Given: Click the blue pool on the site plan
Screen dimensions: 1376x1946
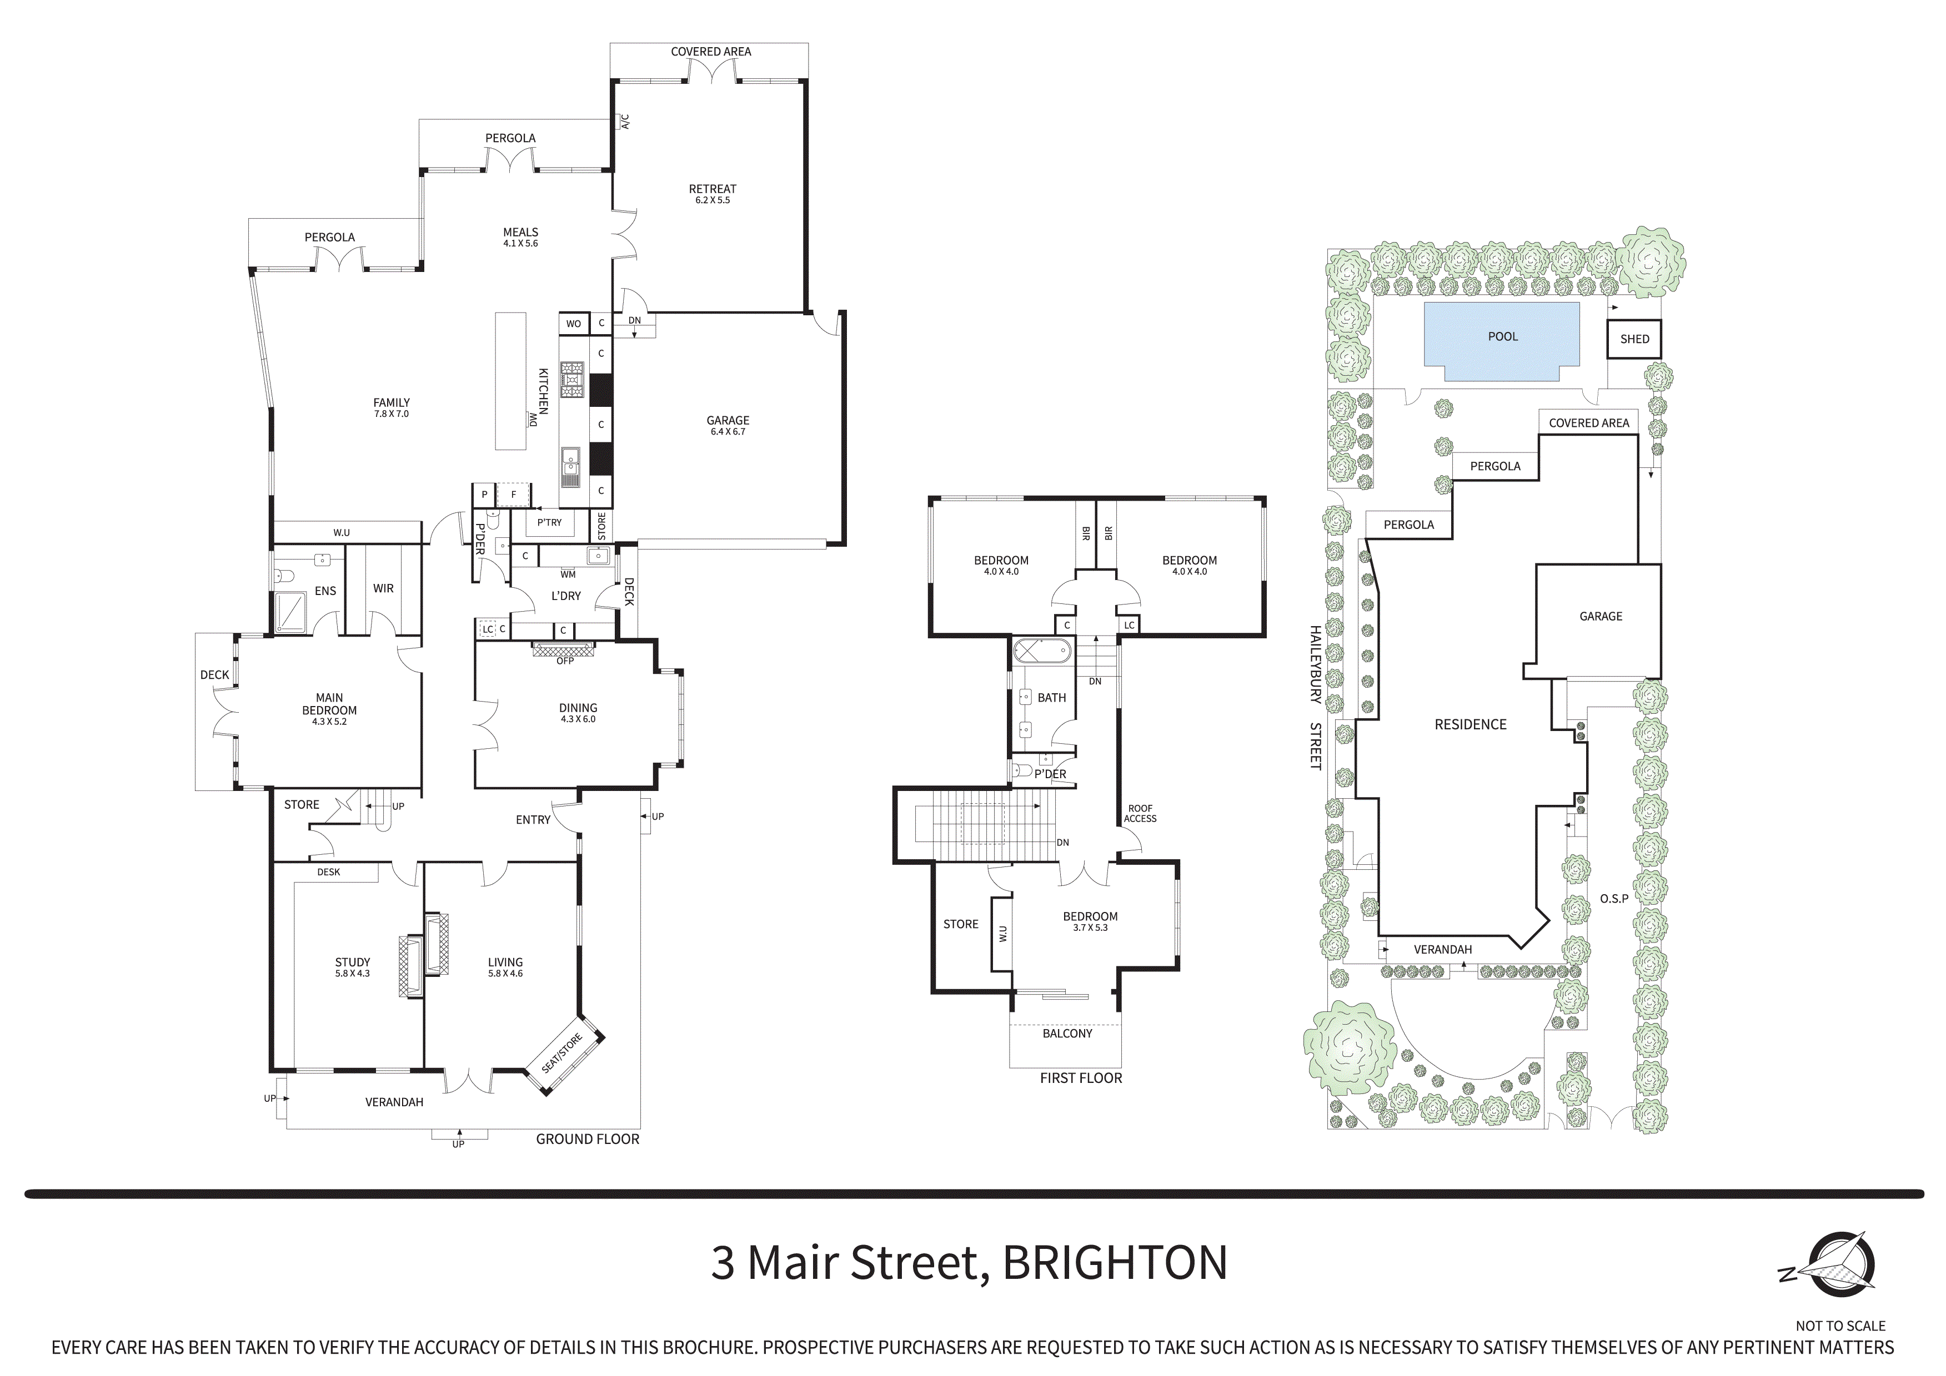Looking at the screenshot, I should click(1501, 341).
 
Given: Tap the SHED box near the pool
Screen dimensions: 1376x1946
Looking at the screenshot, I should click(1634, 339).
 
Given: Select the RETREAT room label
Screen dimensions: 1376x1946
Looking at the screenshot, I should click(712, 189).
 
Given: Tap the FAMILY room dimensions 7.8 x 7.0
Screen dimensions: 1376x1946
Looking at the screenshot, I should click(391, 414).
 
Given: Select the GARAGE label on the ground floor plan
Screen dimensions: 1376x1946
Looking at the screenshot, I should click(727, 420).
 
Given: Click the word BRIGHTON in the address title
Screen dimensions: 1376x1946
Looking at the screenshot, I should click(1115, 1262).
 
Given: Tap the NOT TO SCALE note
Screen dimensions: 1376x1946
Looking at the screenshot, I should click(1840, 1325).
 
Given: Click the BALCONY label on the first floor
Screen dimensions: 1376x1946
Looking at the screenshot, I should click(1067, 1034).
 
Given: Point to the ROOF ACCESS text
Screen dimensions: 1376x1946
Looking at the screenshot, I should click(1140, 813).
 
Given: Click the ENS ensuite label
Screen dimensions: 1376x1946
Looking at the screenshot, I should click(325, 591).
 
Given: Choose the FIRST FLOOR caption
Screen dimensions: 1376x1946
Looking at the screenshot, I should click(1081, 1078).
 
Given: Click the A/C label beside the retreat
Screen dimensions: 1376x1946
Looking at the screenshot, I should click(625, 122).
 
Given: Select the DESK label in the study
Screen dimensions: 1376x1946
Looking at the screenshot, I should click(328, 872).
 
